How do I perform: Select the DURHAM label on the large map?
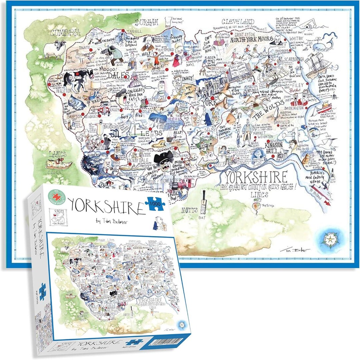(x=147, y=22)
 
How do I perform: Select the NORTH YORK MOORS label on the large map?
(x=252, y=39)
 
